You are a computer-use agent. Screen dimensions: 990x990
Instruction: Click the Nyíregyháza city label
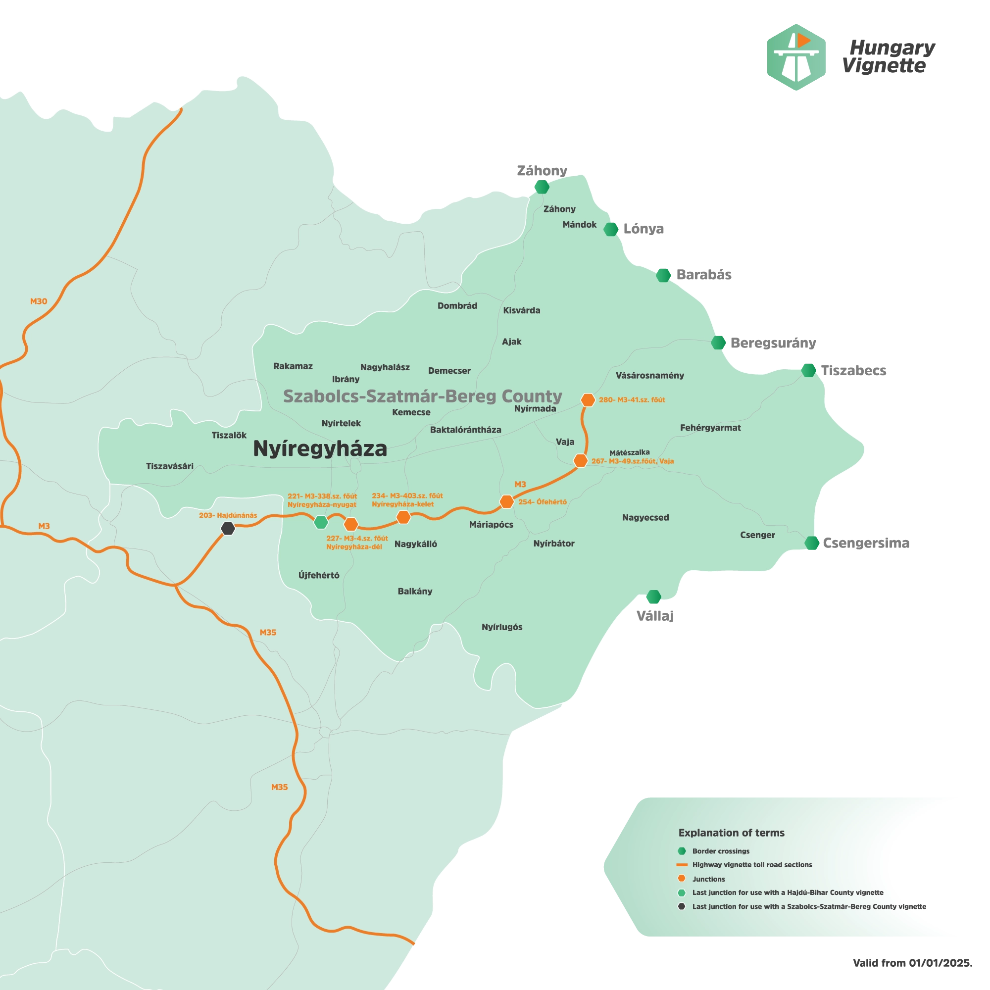(x=320, y=449)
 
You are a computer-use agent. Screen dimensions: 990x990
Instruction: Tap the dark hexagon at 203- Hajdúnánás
(x=228, y=528)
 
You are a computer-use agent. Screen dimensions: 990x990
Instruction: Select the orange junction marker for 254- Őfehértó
(x=506, y=501)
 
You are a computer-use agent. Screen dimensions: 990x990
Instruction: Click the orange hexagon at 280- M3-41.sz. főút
(x=588, y=399)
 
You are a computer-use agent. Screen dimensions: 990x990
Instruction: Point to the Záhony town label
(x=559, y=209)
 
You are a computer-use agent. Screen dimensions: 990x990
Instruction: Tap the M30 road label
(x=39, y=301)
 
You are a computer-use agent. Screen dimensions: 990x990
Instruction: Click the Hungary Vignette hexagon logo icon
(x=795, y=57)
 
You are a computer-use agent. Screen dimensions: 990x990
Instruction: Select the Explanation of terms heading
(x=731, y=833)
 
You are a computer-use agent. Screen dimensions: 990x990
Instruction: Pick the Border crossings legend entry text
(x=720, y=851)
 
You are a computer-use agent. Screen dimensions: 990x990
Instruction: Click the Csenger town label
(x=757, y=535)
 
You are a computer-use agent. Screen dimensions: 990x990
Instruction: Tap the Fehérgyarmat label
(x=710, y=428)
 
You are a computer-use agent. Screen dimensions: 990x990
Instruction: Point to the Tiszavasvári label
(x=170, y=466)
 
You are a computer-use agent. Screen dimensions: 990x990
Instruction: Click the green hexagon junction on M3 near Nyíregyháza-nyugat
(x=321, y=522)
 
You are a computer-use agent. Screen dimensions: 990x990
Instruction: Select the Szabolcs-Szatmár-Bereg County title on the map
(x=423, y=396)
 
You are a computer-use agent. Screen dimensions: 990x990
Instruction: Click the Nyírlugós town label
(x=501, y=627)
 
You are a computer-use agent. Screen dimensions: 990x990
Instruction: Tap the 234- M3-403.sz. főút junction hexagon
(x=404, y=517)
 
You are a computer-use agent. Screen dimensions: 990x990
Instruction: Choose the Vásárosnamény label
(x=650, y=376)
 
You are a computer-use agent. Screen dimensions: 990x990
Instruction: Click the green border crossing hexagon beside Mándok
(x=610, y=229)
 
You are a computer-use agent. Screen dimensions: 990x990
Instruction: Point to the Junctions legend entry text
(x=709, y=879)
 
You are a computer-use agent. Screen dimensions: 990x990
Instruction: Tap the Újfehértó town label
(x=319, y=576)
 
